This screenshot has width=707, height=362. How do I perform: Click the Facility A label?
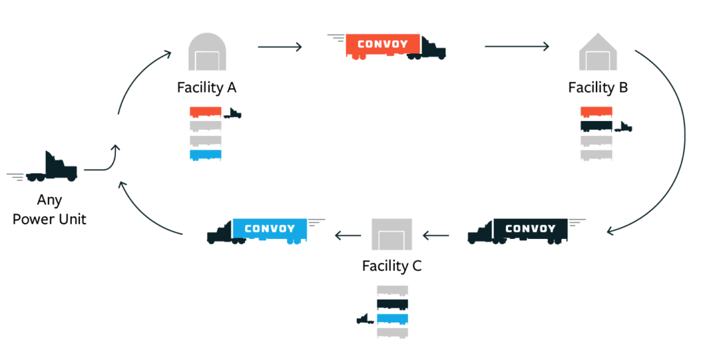point(207,88)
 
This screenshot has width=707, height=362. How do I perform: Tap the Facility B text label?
point(597,88)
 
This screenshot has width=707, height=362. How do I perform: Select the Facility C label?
point(391,265)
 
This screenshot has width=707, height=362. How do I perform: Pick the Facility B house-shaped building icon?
point(598,53)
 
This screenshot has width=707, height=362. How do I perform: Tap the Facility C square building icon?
point(391,235)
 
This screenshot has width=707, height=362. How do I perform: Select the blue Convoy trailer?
point(269,229)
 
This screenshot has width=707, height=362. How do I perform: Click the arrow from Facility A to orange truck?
point(280,47)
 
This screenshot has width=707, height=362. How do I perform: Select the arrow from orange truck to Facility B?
point(516,47)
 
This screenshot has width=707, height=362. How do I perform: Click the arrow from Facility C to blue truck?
point(349,236)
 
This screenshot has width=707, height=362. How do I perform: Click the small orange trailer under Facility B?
point(597,112)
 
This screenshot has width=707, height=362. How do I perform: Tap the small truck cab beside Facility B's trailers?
point(623,126)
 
